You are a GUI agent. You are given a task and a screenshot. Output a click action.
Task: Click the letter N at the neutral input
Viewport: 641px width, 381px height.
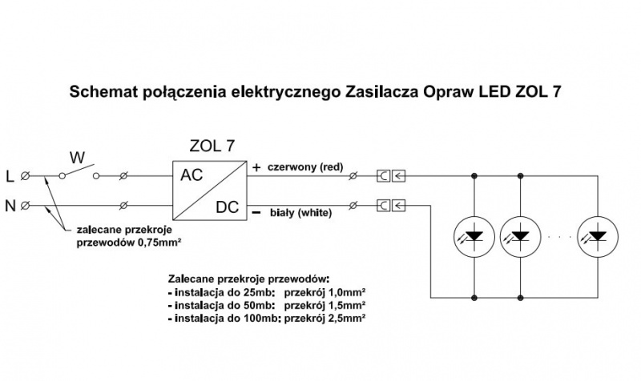[x=10, y=206]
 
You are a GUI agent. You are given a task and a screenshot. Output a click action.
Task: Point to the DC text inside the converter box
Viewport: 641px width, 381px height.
[x=228, y=207]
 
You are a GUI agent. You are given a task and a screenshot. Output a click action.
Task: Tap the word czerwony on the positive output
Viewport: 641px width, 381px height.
[x=290, y=168]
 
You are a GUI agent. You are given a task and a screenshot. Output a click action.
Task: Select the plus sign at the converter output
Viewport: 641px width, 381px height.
[x=256, y=168]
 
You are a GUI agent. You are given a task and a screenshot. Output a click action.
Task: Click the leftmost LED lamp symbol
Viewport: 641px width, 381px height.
[x=474, y=235]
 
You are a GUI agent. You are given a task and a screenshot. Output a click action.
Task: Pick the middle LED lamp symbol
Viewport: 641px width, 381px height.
[x=521, y=235]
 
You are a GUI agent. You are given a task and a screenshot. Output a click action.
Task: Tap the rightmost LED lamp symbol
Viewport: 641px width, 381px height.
[x=599, y=235]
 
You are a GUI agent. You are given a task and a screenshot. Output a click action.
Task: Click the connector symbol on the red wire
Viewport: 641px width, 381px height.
[x=391, y=174]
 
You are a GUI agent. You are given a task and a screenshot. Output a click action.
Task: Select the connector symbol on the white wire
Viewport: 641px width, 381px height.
[x=391, y=206]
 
